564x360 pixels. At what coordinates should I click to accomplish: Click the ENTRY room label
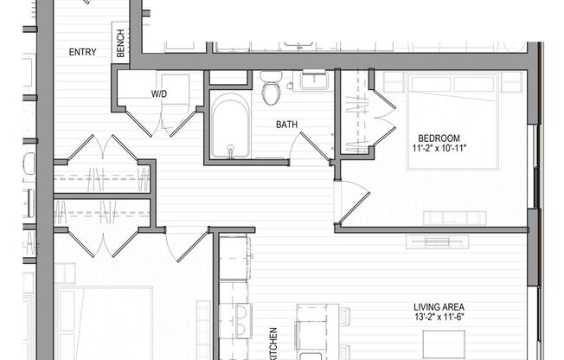pyautogui.click(x=82, y=52)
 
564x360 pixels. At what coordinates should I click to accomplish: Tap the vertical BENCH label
pyautogui.click(x=120, y=44)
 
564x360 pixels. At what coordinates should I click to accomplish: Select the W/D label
pyautogui.click(x=159, y=93)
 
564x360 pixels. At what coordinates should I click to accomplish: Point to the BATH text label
pyautogui.click(x=286, y=125)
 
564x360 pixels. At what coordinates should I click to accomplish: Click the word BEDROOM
pyautogui.click(x=439, y=138)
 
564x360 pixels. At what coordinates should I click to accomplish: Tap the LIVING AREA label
pyautogui.click(x=439, y=306)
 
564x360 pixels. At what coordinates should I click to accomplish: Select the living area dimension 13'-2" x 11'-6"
pyautogui.click(x=439, y=318)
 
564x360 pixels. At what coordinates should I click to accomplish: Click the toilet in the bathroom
pyautogui.click(x=271, y=88)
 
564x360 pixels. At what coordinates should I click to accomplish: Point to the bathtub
pyautogui.click(x=230, y=127)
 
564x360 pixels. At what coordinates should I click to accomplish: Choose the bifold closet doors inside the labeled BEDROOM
pyautogui.click(x=381, y=117)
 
